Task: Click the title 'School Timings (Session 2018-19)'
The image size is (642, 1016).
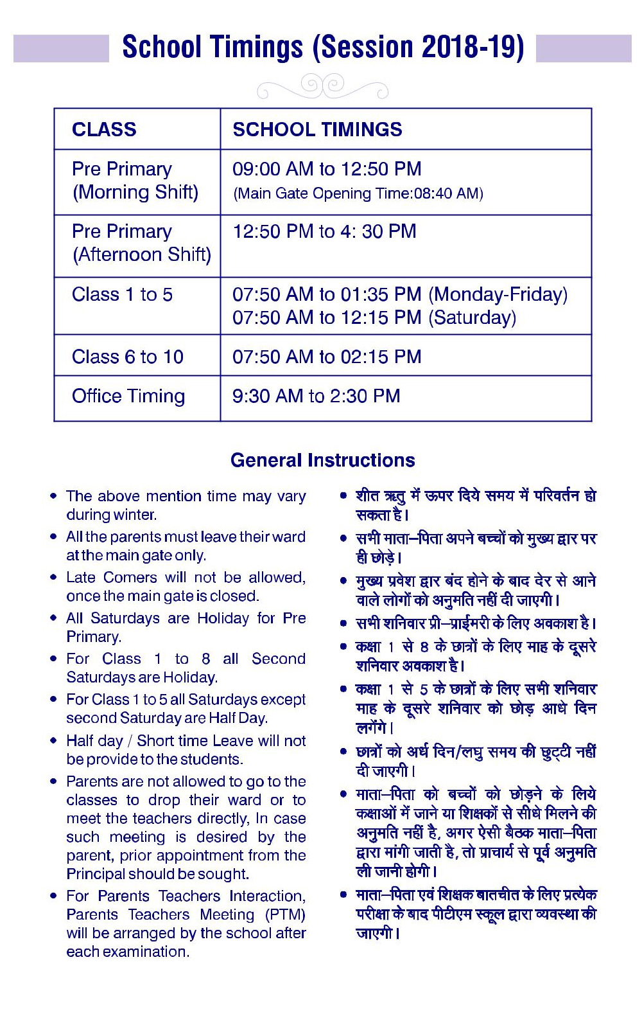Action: point(323,48)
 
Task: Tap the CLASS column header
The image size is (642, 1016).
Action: point(104,129)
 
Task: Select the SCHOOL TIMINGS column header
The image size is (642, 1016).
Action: point(317,129)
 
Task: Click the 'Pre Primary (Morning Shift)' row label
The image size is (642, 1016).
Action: point(135,181)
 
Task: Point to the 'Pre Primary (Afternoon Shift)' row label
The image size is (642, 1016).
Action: point(141,243)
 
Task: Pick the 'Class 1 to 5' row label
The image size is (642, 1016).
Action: point(122,294)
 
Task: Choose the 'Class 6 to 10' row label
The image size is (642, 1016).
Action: point(128,357)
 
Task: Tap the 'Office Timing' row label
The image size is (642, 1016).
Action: point(128,396)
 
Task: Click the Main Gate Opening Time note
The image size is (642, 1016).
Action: point(358,193)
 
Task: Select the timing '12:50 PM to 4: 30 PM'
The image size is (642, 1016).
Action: point(324,231)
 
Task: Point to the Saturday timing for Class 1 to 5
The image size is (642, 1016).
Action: point(374,317)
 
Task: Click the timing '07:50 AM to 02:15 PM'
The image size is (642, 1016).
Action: point(327,357)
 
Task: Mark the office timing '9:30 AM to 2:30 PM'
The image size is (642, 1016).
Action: point(316,396)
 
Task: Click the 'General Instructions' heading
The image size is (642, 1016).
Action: point(322,460)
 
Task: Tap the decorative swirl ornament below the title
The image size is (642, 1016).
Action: point(322,85)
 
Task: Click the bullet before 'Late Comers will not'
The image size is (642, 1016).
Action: point(53,578)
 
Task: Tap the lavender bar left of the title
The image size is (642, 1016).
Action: point(61,49)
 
